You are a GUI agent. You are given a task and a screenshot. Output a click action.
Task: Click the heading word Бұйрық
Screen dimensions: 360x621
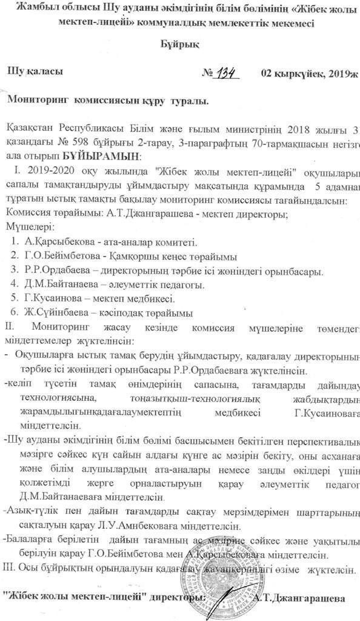tap(179, 45)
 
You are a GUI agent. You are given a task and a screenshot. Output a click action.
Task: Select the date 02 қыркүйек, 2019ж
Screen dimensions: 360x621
tap(310, 73)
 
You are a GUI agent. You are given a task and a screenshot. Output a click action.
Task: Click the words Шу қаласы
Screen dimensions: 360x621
tap(33, 72)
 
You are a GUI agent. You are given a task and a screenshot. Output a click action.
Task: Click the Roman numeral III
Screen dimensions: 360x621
tap(9, 569)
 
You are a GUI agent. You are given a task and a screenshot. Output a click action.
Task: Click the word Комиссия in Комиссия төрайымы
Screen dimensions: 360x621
tap(27, 213)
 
